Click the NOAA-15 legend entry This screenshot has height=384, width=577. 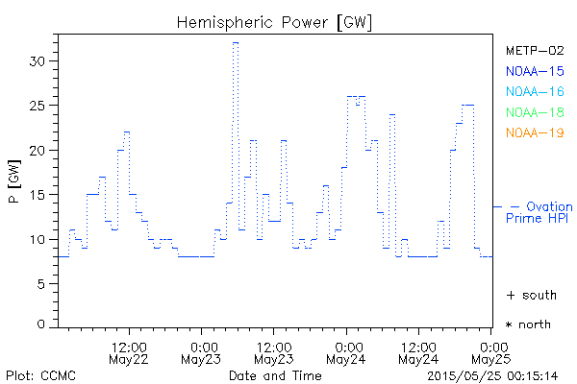(x=535, y=71)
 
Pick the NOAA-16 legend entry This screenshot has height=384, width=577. (x=535, y=91)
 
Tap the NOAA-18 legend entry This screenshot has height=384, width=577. (x=535, y=112)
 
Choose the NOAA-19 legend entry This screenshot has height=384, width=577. (x=535, y=132)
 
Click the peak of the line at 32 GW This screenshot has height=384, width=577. (x=235, y=43)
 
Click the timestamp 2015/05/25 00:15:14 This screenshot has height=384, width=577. (x=492, y=374)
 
